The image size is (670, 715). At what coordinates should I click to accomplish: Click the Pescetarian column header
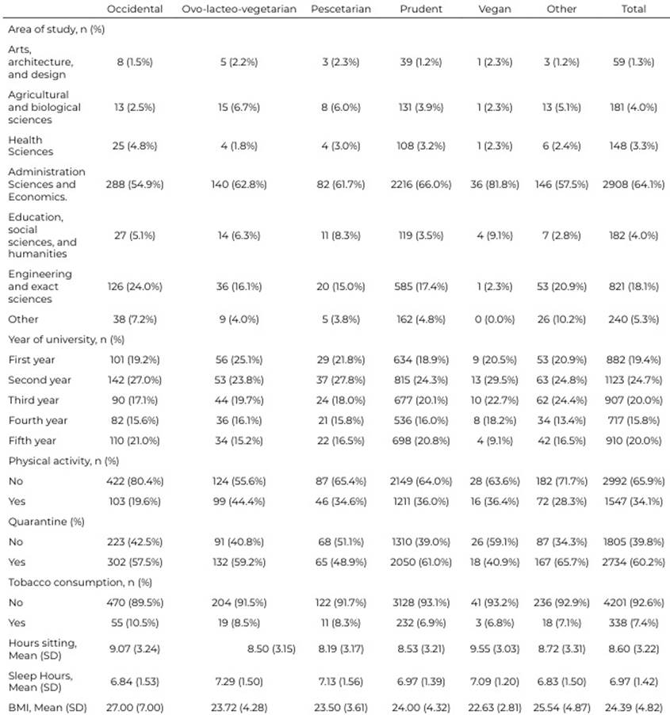(339, 10)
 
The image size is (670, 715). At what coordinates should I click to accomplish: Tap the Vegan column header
(496, 10)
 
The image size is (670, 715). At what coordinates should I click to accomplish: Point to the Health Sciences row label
(31, 145)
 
